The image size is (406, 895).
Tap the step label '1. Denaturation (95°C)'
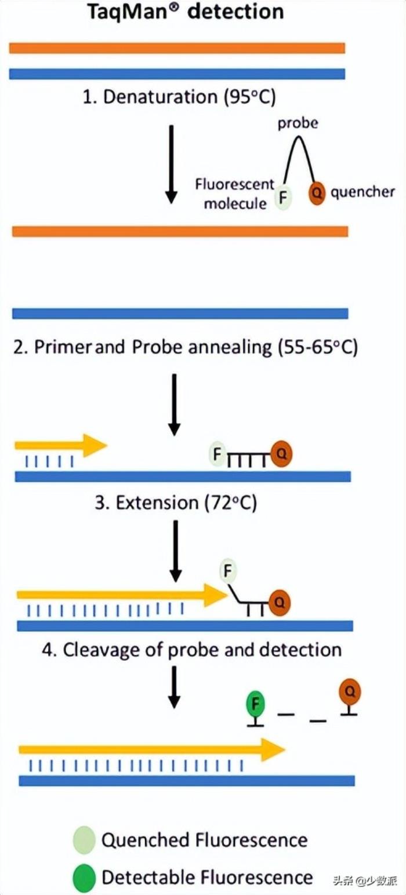pyautogui.click(x=179, y=97)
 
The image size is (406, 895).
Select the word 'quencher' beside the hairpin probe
pyautogui.click(x=362, y=192)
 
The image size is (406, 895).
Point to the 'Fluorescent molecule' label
pyautogui.click(x=235, y=194)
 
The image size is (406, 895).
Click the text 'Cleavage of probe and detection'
pyautogui.click(x=191, y=649)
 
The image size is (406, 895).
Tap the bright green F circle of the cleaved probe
pyautogui.click(x=256, y=705)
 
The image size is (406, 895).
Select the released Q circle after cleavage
pyautogui.click(x=350, y=691)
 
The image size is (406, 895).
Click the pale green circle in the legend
pyautogui.click(x=84, y=840)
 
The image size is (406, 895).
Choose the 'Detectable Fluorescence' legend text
pyautogui.click(x=206, y=877)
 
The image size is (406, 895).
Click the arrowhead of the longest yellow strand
pyautogui.click(x=273, y=750)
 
